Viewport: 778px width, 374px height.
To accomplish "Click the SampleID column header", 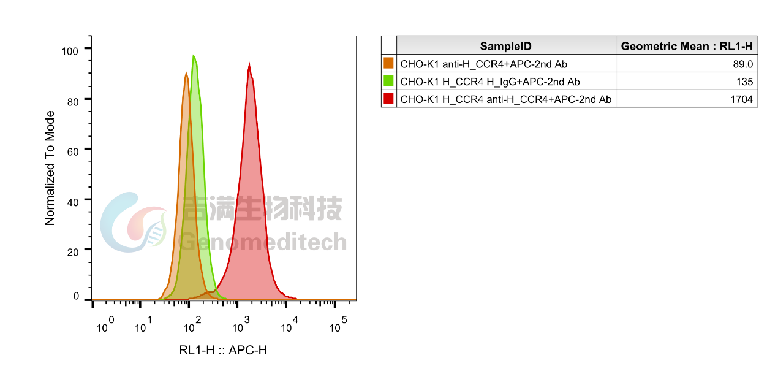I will (505, 46).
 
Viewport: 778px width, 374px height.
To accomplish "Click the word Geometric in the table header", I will (649, 46).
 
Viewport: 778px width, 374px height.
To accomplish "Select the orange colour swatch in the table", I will (388, 63).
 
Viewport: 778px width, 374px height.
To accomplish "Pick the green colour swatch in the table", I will (388, 81).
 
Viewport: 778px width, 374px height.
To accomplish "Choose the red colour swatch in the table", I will (388, 99).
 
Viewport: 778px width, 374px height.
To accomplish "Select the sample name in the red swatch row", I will (505, 99).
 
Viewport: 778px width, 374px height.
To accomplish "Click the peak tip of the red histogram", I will (249, 62).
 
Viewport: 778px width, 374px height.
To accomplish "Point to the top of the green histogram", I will (194, 55).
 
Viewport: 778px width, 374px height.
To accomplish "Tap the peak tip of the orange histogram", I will (186, 72).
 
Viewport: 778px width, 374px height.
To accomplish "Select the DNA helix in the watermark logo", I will (157, 231).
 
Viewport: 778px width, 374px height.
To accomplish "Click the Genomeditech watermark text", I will (263, 243).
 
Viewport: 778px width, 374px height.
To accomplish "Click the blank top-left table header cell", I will (388, 45).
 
